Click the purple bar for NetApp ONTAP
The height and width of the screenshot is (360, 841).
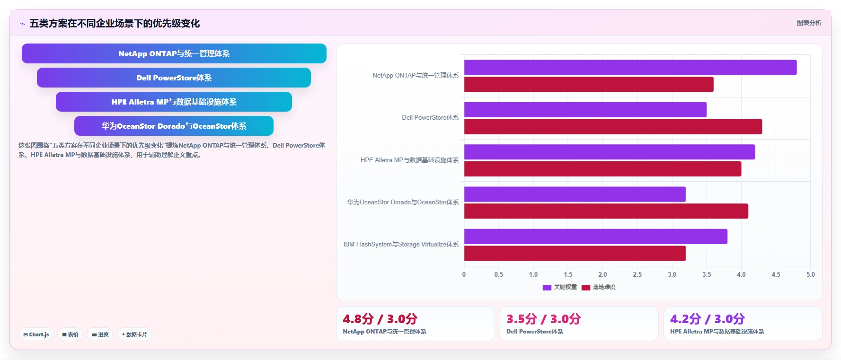pos(630,67)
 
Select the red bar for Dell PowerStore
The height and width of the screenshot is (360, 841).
pos(613,127)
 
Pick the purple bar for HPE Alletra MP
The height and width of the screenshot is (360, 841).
pos(610,152)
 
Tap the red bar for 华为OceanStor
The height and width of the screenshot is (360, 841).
pos(606,211)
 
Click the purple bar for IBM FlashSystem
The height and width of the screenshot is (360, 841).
pos(595,237)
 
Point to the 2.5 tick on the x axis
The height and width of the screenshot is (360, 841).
pos(637,274)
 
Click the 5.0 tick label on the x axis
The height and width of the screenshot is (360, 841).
pos(810,274)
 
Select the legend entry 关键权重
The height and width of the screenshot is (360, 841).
pos(560,287)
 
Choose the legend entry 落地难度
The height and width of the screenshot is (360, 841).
pos(599,287)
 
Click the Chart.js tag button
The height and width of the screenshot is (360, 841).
pos(36,334)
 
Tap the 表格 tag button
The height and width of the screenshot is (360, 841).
pos(70,334)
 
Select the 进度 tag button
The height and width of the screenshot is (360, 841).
pos(100,334)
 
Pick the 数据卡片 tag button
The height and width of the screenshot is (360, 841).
pos(134,334)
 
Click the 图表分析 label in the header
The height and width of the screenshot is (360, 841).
pos(809,23)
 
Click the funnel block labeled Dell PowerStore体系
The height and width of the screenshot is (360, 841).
pos(174,78)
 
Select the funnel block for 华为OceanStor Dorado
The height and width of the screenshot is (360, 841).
pos(174,126)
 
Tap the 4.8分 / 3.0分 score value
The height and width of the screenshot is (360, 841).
pos(380,319)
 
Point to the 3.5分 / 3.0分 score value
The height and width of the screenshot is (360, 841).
pos(543,319)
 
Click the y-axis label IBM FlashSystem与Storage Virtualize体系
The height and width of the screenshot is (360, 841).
pos(401,245)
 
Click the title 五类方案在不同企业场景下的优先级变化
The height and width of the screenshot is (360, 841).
pos(115,23)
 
